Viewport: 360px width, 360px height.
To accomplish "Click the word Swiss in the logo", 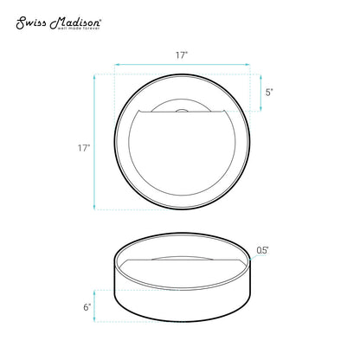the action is tap(31, 23).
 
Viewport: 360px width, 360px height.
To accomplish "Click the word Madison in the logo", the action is tap(75, 23).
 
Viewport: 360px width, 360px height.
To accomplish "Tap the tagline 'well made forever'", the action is tap(79, 29).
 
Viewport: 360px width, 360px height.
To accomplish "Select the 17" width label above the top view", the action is tap(182, 55).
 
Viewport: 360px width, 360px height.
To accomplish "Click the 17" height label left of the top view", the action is tap(84, 148).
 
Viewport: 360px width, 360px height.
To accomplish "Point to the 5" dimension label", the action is tap(269, 93).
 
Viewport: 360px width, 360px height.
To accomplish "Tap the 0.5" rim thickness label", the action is tap(263, 250).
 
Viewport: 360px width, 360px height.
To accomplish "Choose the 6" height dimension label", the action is tap(87, 307).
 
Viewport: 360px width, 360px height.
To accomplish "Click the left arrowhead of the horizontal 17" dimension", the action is tap(117, 65).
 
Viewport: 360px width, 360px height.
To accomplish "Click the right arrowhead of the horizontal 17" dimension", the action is tap(247, 65).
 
